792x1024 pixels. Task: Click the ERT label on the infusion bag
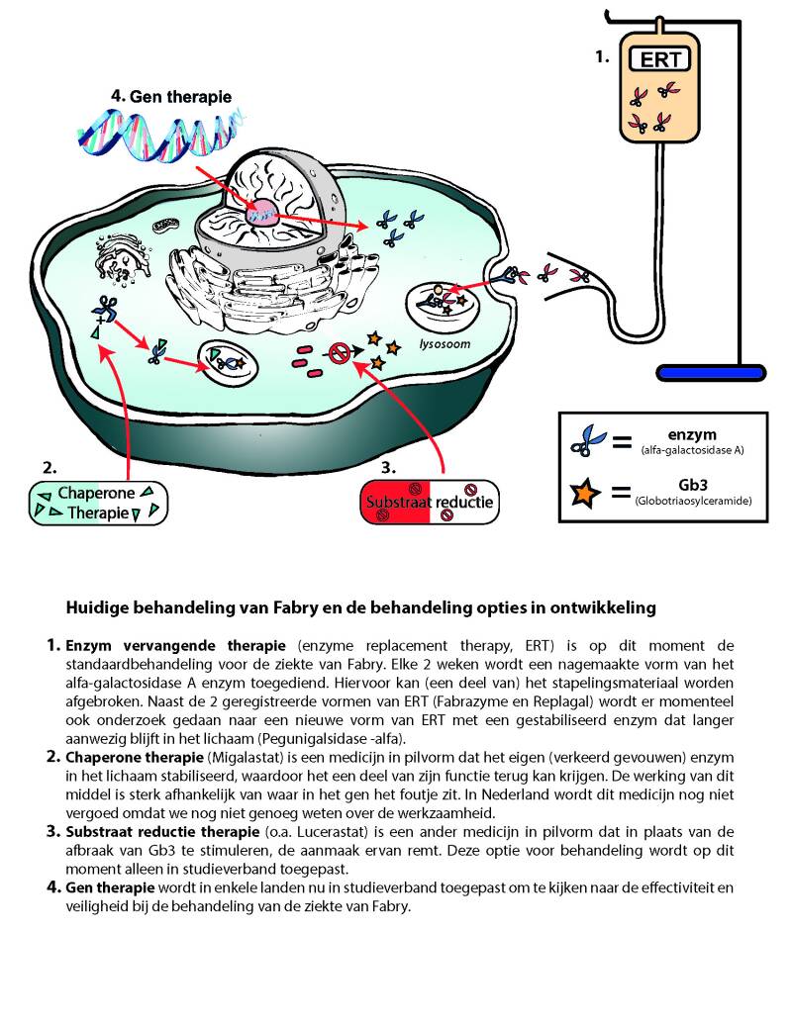pyautogui.click(x=660, y=59)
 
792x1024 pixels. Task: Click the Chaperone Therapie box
pyautogui.click(x=96, y=502)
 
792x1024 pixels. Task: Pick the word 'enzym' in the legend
pyautogui.click(x=691, y=434)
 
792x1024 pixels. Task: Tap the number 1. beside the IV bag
pyautogui.click(x=602, y=57)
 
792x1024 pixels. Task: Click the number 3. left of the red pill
pyautogui.click(x=391, y=464)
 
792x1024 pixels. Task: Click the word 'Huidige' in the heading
pyautogui.click(x=96, y=605)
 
